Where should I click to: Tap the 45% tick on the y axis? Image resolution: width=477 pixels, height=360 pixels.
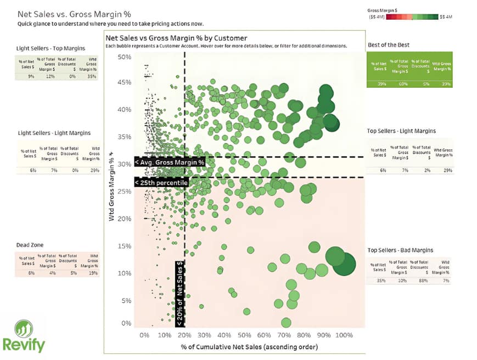(x=124, y=82)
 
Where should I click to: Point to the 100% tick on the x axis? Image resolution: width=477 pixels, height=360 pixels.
(x=344, y=335)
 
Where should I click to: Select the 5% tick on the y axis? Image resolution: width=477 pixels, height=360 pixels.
(x=126, y=301)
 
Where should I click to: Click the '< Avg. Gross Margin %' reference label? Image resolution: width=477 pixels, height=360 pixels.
(x=170, y=162)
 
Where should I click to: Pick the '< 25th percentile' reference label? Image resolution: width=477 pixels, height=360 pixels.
(x=162, y=182)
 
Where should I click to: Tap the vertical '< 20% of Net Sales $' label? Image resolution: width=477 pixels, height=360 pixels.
(x=179, y=294)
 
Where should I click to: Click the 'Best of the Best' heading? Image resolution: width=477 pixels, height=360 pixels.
(x=388, y=44)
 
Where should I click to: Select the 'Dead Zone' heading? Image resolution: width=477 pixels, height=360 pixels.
(x=30, y=245)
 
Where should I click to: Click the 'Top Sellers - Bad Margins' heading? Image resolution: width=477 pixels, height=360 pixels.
(x=400, y=250)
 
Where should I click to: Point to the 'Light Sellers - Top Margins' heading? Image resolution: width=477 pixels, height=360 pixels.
(x=54, y=49)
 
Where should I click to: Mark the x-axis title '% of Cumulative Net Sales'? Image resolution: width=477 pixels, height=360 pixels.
(x=249, y=347)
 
